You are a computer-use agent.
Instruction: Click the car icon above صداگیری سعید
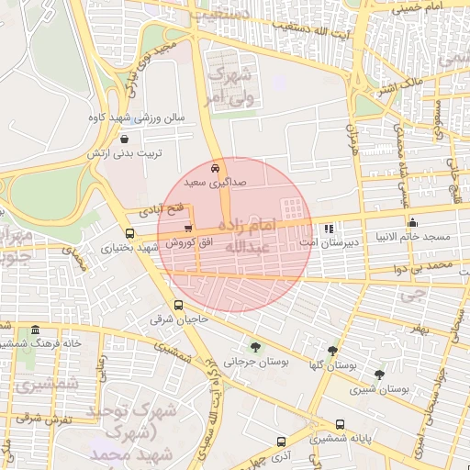(214, 169)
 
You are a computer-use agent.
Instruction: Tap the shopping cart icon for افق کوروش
(188, 229)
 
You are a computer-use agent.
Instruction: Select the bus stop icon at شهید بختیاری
(129, 234)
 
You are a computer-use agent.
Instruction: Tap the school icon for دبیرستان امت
(330, 229)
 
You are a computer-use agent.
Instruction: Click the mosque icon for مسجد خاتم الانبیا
(412, 221)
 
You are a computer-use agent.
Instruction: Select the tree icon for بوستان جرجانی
(254, 348)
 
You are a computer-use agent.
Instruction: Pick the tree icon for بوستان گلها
(332, 351)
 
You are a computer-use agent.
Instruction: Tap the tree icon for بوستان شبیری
(380, 374)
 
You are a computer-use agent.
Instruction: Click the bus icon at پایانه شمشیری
(341, 425)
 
